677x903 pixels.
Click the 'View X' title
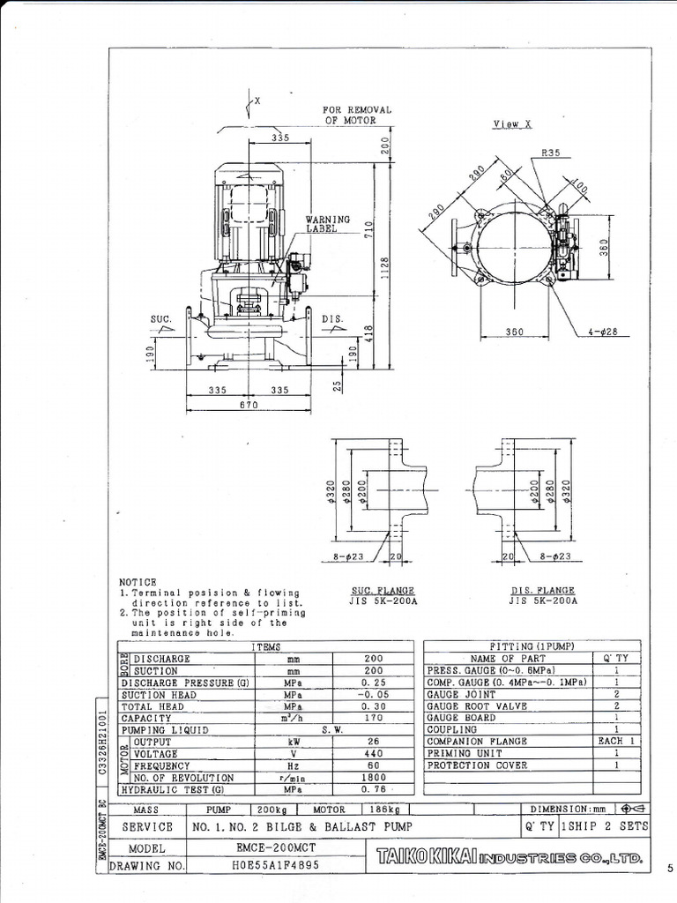point(512,125)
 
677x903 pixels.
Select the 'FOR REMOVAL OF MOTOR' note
point(357,115)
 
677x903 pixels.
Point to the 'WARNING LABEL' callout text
point(328,223)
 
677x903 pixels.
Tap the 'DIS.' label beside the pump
point(331,319)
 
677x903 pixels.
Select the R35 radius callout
point(552,153)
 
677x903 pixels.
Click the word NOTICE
point(138,582)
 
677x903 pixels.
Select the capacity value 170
point(372,719)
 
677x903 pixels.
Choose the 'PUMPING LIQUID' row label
point(165,731)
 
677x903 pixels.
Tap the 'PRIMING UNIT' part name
point(458,755)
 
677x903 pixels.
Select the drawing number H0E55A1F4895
point(268,866)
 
